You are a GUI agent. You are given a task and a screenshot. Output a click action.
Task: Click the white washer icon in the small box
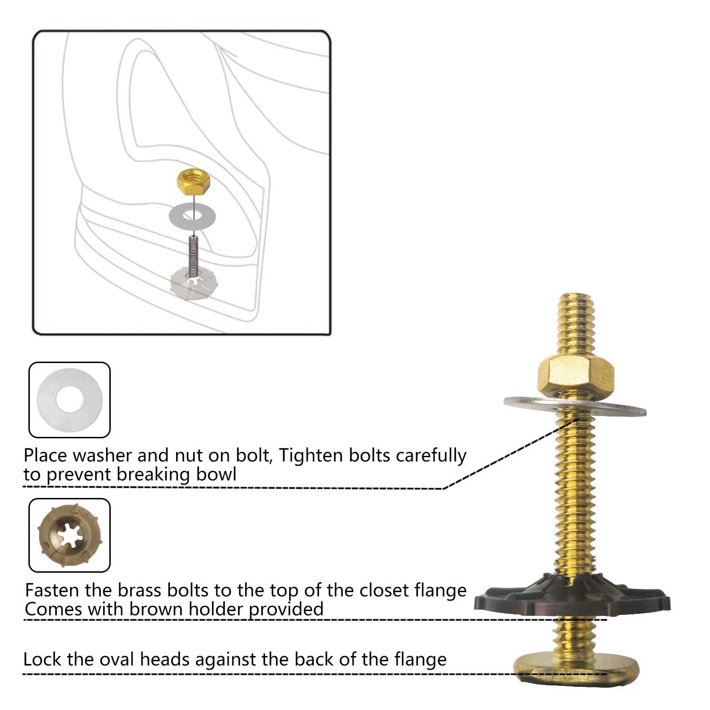(x=70, y=400)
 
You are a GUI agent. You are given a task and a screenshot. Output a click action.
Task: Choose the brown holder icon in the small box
(x=69, y=535)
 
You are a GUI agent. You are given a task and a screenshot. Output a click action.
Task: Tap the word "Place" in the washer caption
(x=47, y=455)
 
